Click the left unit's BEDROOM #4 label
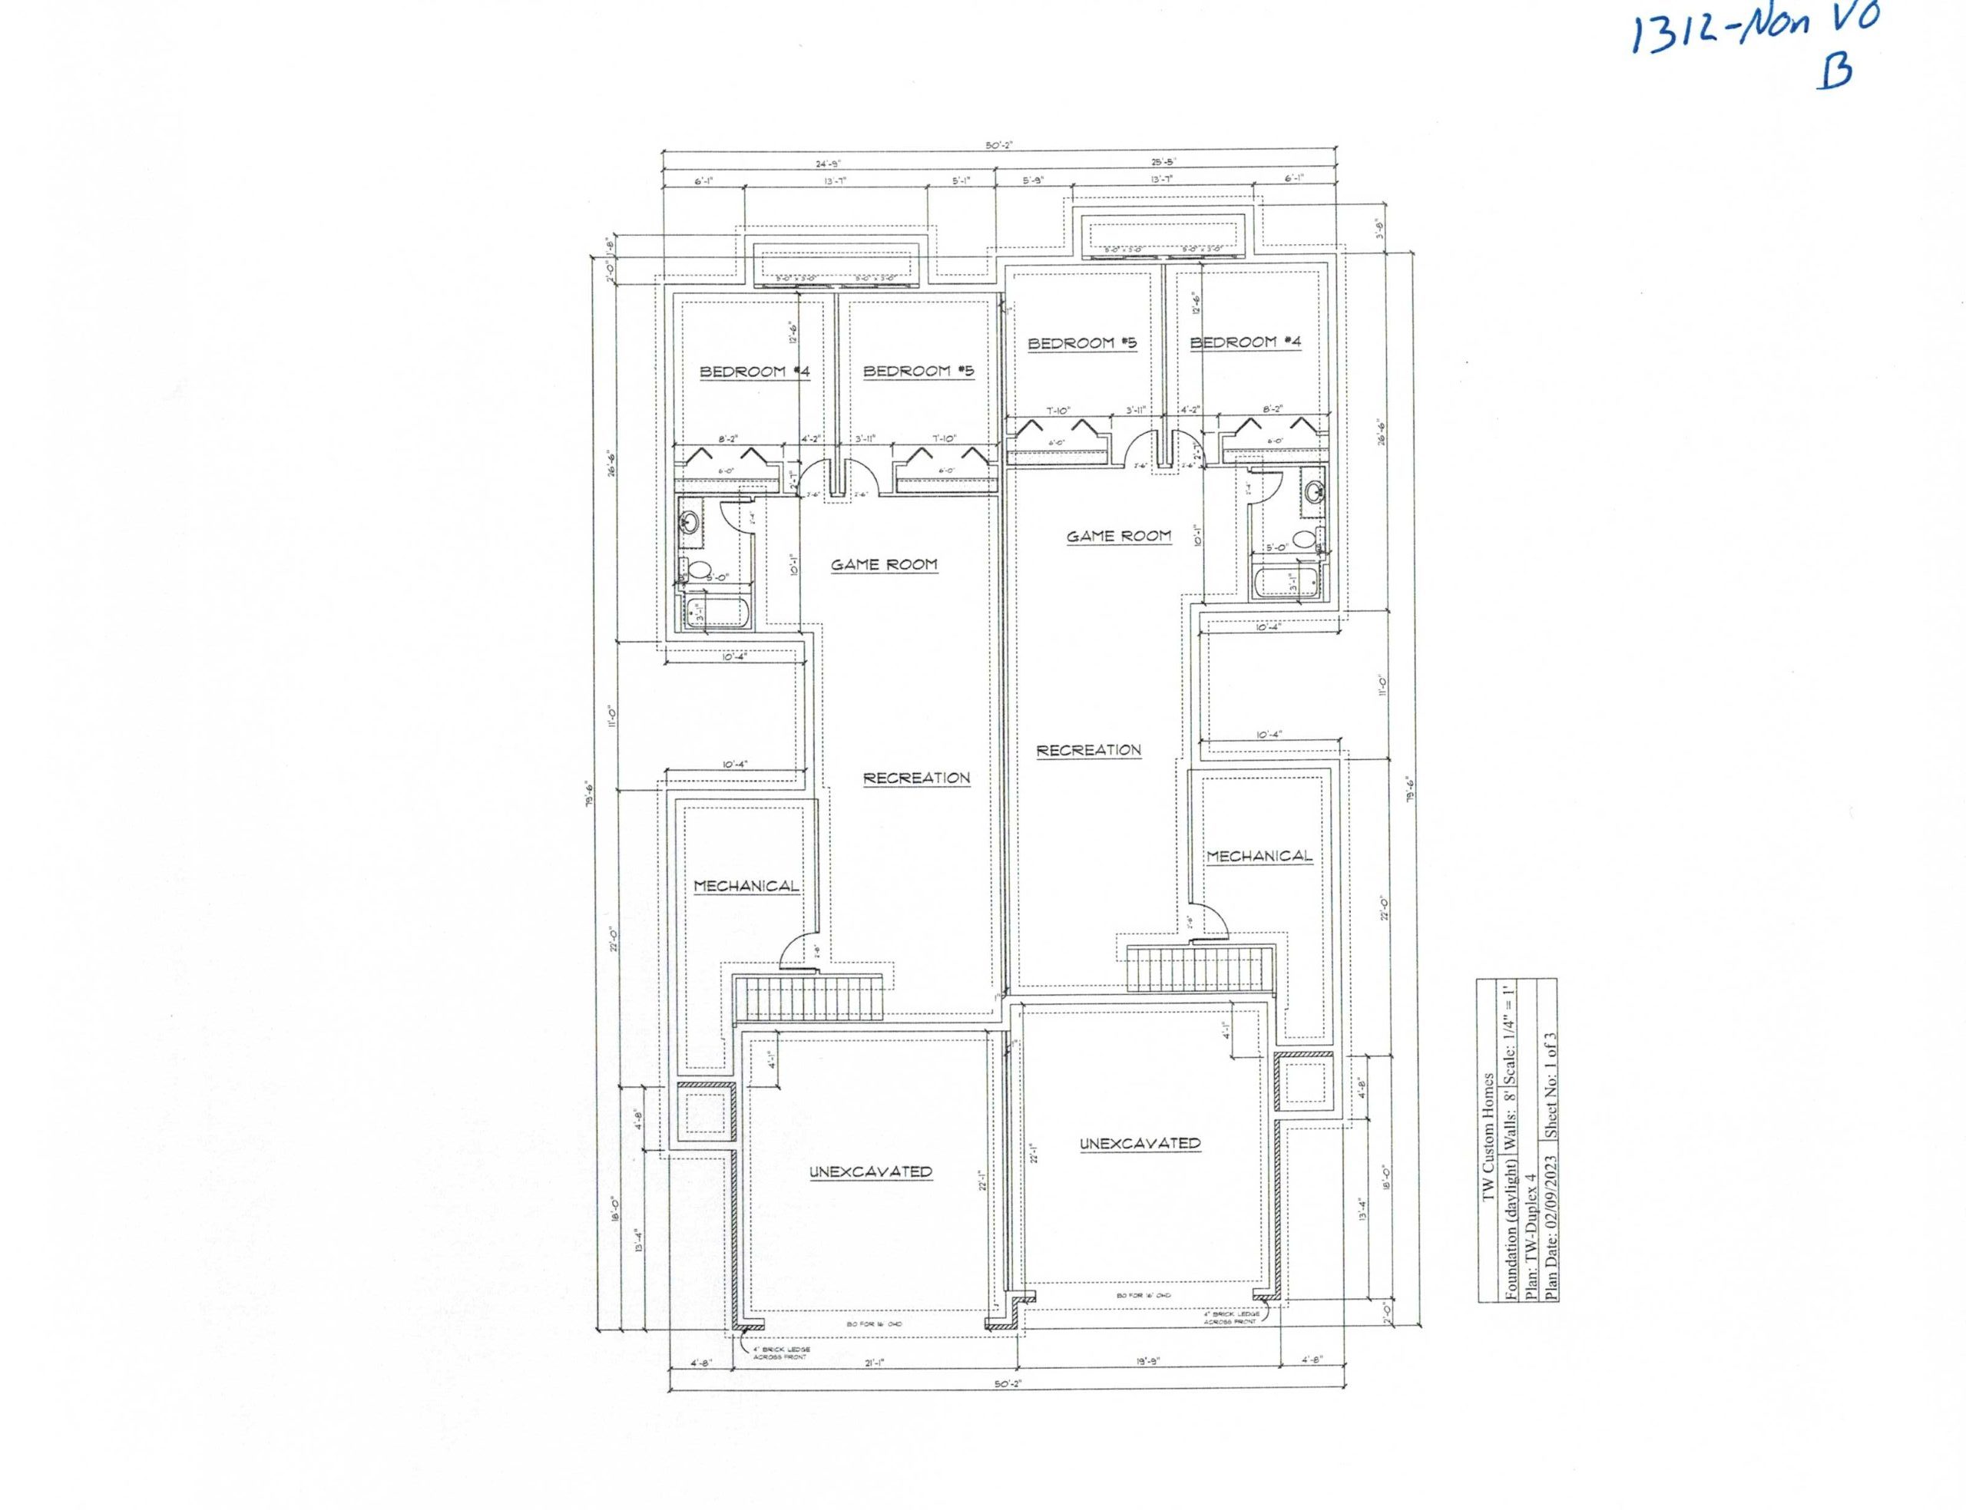753,372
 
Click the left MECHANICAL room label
745,885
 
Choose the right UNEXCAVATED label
1139,1143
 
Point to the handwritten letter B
1834,69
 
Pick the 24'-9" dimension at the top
823,164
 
